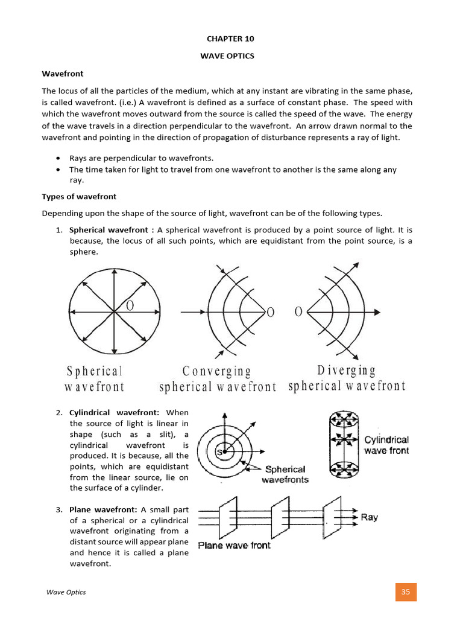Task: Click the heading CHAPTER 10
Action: pyautogui.click(x=231, y=39)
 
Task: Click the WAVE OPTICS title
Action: pyautogui.click(x=231, y=56)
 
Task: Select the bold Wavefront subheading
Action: pyautogui.click(x=60, y=74)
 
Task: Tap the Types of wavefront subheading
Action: pyautogui.click(x=79, y=197)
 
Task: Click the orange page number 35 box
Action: pyautogui.click(x=406, y=591)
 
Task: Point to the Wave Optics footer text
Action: pyautogui.click(x=66, y=592)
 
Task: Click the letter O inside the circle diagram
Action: pyautogui.click(x=130, y=306)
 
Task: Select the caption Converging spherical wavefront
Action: pyautogui.click(x=218, y=378)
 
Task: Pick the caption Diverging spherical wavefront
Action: pyautogui.click(x=347, y=378)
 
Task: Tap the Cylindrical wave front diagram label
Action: pyautogui.click(x=386, y=445)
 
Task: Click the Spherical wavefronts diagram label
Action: pyautogui.click(x=285, y=474)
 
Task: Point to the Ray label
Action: pyautogui.click(x=370, y=517)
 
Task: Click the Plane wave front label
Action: pyautogui.click(x=235, y=546)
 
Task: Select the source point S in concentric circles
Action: pyautogui.click(x=221, y=451)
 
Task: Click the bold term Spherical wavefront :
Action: pyautogui.click(x=112, y=230)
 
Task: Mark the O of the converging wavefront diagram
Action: pyautogui.click(x=270, y=312)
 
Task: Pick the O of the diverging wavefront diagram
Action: pyautogui.click(x=298, y=312)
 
